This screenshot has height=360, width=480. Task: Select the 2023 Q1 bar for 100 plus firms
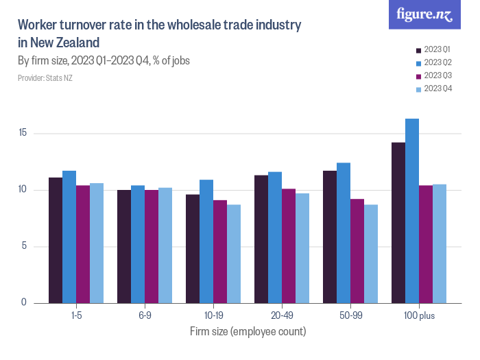point(398,222)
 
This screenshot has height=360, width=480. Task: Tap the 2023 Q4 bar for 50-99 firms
point(371,254)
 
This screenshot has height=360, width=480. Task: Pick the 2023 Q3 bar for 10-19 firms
point(220,251)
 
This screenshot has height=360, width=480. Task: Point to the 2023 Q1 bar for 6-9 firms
point(124,246)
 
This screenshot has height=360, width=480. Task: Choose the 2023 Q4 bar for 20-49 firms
point(302,248)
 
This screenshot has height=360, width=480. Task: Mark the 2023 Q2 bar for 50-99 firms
point(344,232)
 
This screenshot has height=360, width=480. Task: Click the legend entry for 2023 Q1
point(436,49)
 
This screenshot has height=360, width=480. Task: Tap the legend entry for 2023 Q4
point(436,88)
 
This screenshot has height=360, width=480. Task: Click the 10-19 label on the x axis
point(213,317)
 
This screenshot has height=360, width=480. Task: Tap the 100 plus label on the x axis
point(419,317)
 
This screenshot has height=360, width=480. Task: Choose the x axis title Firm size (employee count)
point(248,332)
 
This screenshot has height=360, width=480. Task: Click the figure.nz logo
point(424,14)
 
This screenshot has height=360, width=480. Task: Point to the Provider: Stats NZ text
point(45,78)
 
